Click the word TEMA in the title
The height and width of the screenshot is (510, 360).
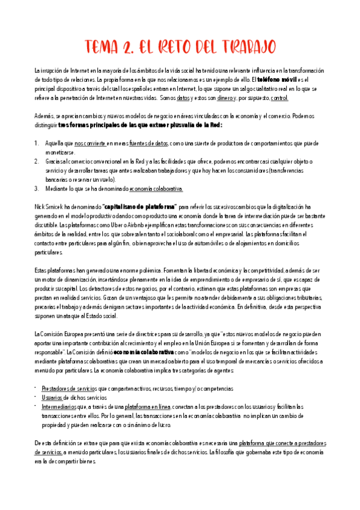point(101,48)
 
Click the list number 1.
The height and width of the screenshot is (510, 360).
point(37,144)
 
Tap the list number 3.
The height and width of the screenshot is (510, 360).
point(37,188)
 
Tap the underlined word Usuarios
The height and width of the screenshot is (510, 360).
point(52,398)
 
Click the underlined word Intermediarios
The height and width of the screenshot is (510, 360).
point(59,407)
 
